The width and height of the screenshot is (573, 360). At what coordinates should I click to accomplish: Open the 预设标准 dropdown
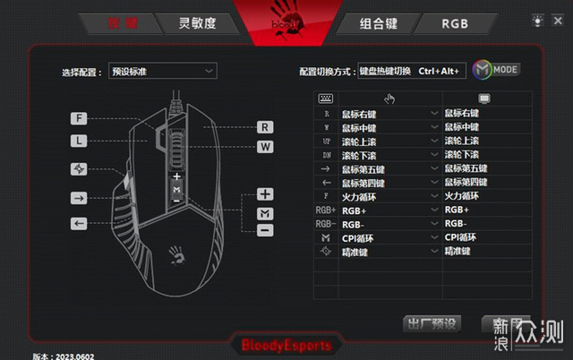(162, 71)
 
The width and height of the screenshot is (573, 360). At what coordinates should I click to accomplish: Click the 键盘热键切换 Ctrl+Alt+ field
(411, 71)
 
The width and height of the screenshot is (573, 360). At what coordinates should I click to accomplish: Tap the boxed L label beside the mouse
(80, 141)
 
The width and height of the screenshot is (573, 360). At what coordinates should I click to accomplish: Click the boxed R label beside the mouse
(265, 127)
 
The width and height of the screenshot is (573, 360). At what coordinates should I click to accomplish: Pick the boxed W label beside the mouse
(265, 146)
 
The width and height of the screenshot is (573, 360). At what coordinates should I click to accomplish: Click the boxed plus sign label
(265, 193)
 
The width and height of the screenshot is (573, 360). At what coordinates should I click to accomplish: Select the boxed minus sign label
(265, 230)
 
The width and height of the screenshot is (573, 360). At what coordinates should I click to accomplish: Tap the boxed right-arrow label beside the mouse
(80, 198)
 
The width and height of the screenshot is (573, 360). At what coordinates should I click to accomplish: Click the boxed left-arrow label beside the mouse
(80, 223)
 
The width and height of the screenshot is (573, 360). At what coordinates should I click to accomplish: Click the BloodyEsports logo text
(286, 345)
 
